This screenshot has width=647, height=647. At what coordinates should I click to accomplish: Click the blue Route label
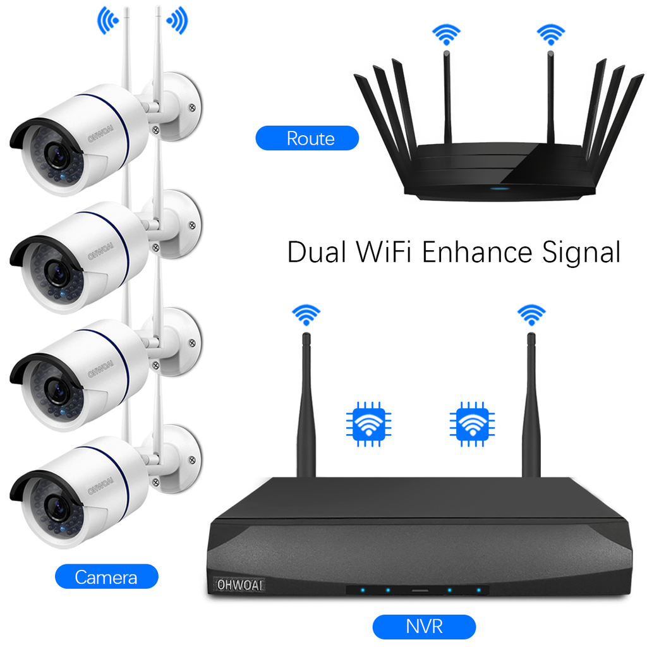click(307, 138)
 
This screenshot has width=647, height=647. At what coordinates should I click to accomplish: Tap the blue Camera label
click(106, 576)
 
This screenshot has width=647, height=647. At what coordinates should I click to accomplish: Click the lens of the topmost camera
click(57, 155)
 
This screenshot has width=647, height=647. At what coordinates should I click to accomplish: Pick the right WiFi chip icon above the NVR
click(472, 423)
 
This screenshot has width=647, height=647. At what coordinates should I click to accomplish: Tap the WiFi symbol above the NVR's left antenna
click(306, 314)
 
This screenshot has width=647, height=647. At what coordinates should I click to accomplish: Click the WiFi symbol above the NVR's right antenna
click(531, 314)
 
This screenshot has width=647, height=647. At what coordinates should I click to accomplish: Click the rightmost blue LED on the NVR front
click(478, 591)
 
